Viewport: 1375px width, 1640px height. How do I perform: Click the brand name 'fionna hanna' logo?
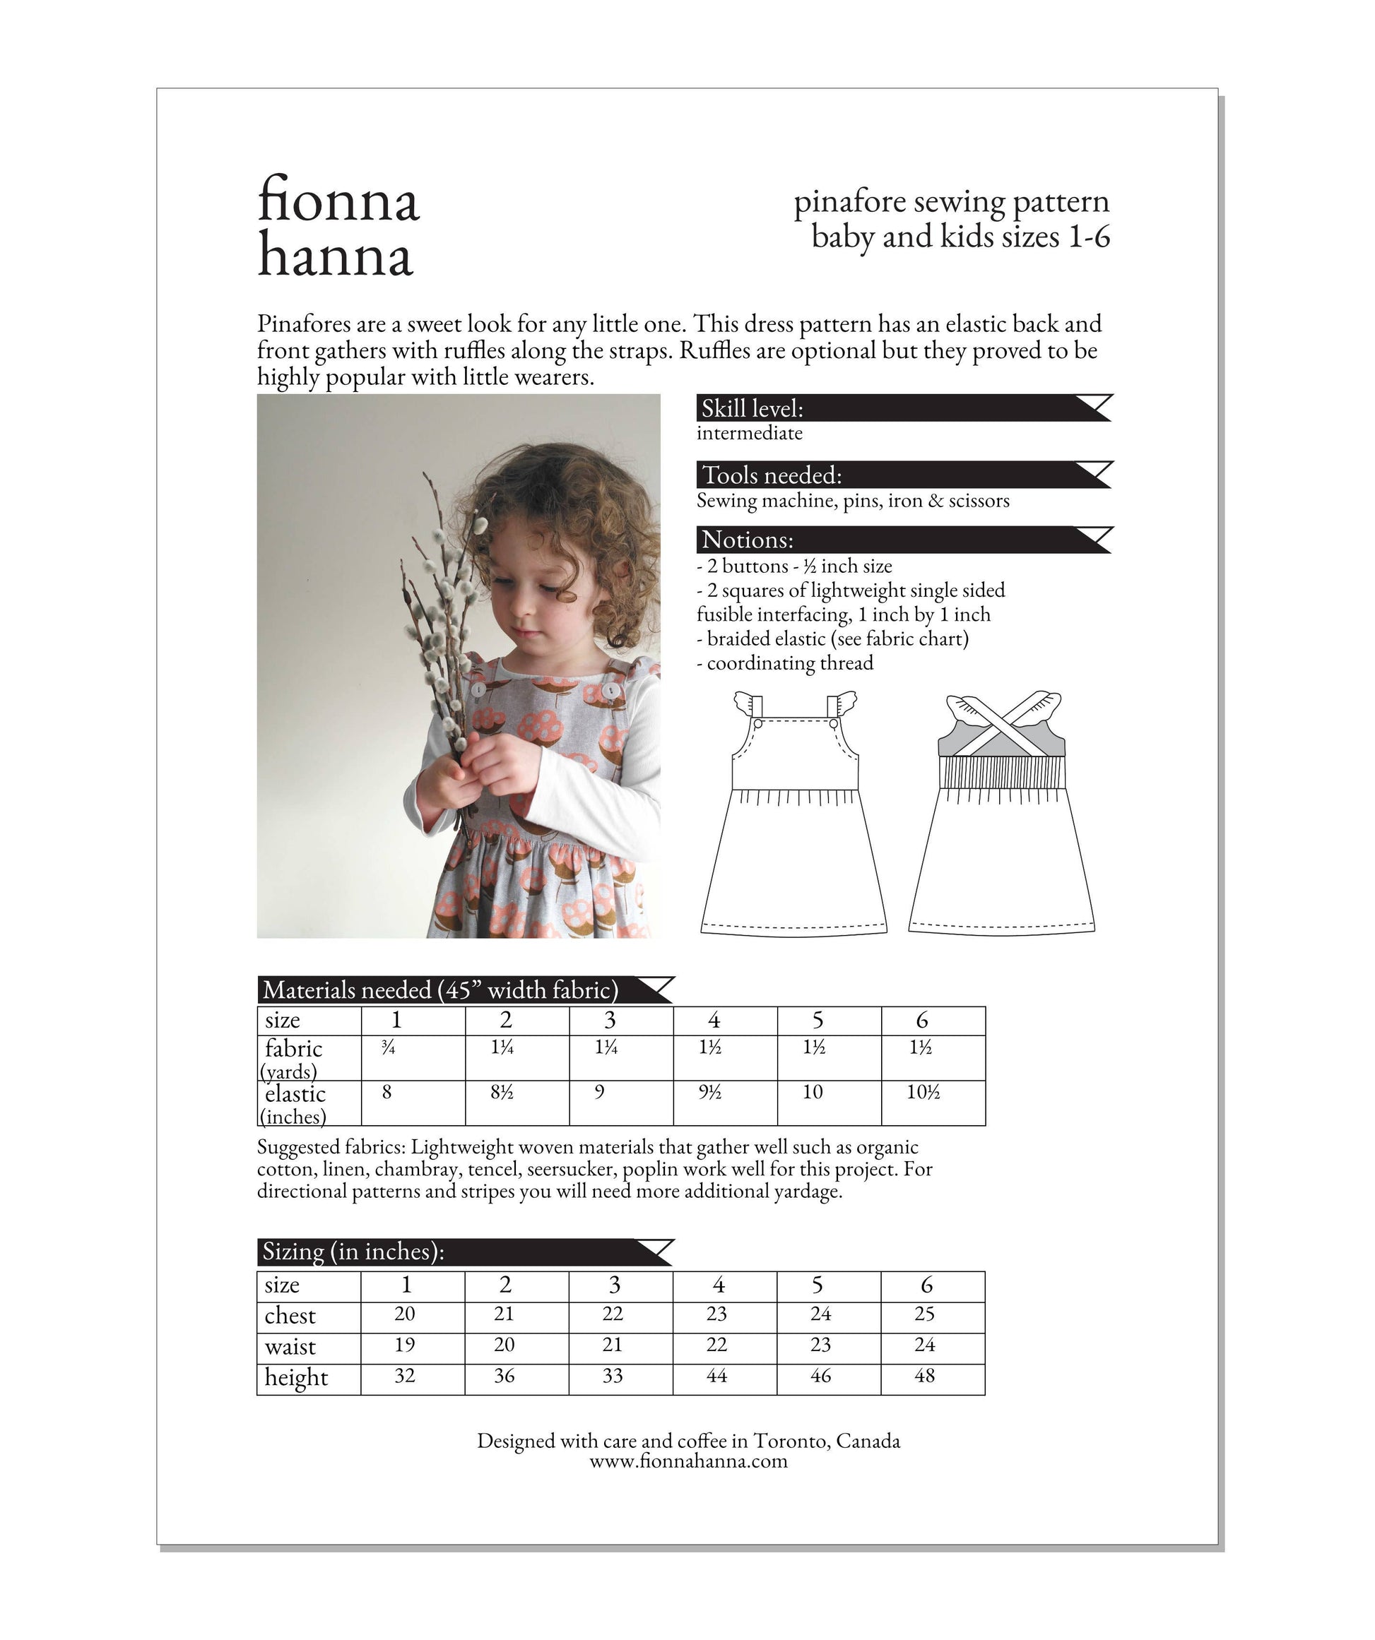click(x=338, y=226)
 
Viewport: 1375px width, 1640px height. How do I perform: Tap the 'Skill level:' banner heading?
click(x=753, y=408)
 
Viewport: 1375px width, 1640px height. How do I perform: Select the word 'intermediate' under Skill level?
click(x=749, y=434)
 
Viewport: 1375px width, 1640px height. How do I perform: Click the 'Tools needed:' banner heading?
click(x=772, y=475)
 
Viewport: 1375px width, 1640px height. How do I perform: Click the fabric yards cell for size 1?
click(x=389, y=1049)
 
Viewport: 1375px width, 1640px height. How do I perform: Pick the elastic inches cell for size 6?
click(x=923, y=1093)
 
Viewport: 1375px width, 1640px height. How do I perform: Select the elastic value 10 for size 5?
click(x=813, y=1093)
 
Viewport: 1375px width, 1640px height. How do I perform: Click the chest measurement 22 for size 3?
click(x=613, y=1314)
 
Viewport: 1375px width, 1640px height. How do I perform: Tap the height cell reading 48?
click(x=924, y=1376)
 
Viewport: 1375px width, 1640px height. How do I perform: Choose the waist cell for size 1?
click(x=405, y=1345)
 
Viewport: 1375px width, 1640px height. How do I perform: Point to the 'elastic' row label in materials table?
click(x=295, y=1094)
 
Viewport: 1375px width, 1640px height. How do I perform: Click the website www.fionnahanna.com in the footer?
click(x=688, y=1461)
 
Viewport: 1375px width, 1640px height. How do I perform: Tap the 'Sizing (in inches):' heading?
click(x=353, y=1252)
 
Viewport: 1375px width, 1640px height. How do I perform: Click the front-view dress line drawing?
click(x=793, y=816)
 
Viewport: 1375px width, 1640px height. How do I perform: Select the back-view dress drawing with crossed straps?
click(x=1001, y=816)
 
